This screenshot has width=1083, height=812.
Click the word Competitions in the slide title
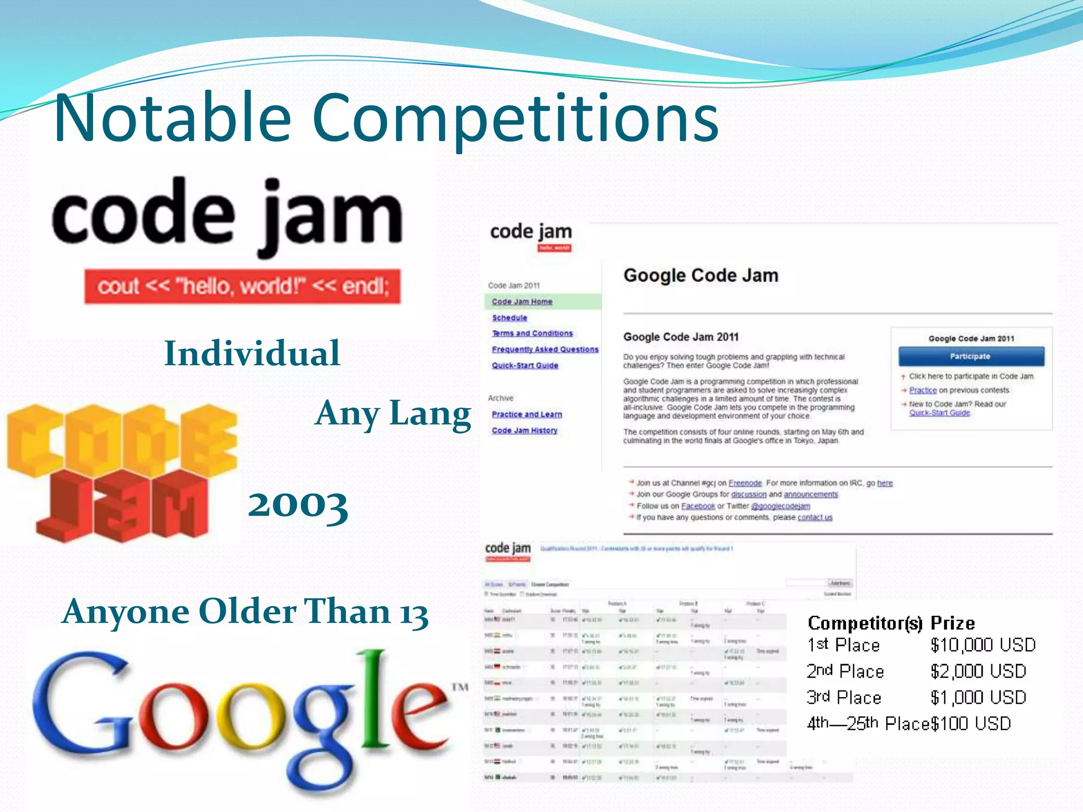coord(515,119)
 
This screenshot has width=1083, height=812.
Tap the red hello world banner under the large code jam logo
coord(242,287)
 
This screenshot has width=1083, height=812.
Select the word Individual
coord(252,353)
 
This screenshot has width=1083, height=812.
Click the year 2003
coord(298,504)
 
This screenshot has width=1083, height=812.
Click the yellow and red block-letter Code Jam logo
coord(122,472)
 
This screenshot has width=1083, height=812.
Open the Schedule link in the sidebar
coord(509,318)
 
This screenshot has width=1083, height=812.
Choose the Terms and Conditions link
coord(532,334)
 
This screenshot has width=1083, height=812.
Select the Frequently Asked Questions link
coord(545,349)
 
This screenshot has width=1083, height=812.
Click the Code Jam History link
coord(524,431)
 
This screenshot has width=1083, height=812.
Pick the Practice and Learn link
coord(527,414)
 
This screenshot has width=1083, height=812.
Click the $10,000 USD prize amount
coord(983,645)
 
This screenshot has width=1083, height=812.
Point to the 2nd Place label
coord(845,671)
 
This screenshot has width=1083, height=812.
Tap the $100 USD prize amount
coord(970,723)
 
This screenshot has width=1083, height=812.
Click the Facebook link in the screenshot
coord(697,506)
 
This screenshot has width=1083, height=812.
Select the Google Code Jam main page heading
coord(701,275)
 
